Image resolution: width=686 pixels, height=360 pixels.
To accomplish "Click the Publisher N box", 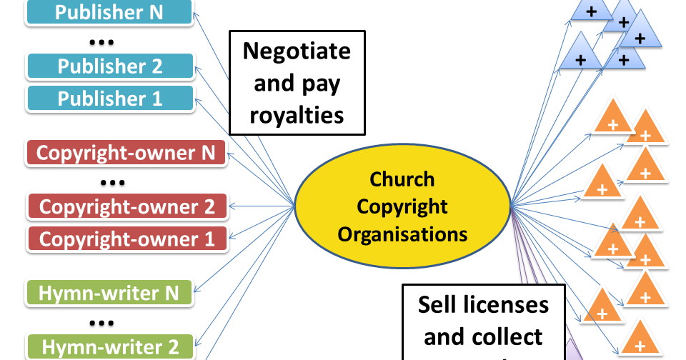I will (109, 12).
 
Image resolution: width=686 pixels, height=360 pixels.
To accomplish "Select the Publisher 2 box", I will (109, 66).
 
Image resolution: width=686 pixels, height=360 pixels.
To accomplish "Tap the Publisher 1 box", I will (109, 98).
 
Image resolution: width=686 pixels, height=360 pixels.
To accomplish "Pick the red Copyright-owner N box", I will (126, 153).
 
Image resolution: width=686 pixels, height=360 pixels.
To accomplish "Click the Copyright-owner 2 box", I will (126, 206).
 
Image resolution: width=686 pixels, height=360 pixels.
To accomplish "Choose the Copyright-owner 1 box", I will (126, 238).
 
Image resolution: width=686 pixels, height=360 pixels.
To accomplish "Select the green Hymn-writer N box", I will (109, 292).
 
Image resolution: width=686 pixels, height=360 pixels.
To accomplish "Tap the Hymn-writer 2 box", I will (109, 346).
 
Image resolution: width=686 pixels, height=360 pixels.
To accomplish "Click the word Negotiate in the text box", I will (297, 51).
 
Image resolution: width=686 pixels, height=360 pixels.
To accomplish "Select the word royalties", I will (297, 114).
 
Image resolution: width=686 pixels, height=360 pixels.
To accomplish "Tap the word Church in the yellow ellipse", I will (402, 179).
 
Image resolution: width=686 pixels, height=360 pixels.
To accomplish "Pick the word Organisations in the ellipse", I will (402, 234).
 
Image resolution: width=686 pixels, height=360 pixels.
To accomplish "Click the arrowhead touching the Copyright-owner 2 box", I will (232, 207).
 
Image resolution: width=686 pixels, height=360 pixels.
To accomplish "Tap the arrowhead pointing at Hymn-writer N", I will (197, 292).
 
